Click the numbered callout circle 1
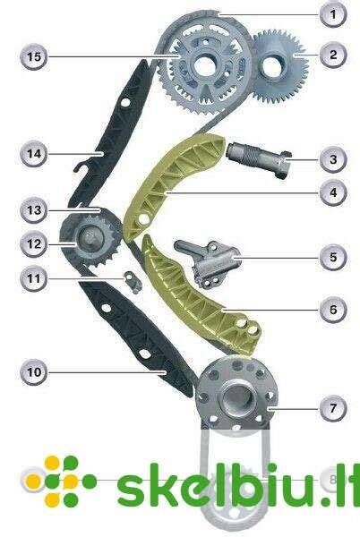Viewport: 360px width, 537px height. click(333, 14)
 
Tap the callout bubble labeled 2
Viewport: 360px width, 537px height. click(333, 55)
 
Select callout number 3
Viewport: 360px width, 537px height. click(333, 159)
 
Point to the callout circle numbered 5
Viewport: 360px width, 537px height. click(333, 257)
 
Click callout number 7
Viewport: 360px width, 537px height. click(333, 408)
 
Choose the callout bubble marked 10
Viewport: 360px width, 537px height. click(34, 372)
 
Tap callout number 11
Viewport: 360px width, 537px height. click(34, 278)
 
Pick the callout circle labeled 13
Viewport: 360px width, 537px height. click(34, 210)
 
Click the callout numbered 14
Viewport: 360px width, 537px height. click(34, 154)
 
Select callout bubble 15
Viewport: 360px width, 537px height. click(34, 56)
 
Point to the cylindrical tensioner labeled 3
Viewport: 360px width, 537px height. click(259, 160)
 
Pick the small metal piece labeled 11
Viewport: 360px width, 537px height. click(133, 282)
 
